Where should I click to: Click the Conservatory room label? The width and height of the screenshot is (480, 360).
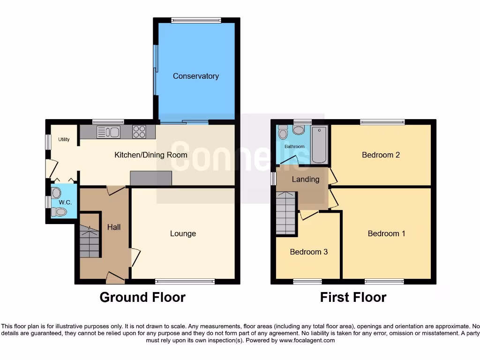click(x=196, y=76)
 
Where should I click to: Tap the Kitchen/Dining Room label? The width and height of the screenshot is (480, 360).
click(x=151, y=155)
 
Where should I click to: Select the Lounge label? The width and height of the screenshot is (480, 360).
click(x=183, y=233)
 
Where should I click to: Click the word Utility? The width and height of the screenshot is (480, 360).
click(x=64, y=139)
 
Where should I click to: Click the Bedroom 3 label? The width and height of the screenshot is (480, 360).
click(x=308, y=252)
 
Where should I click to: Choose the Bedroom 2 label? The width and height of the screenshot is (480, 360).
click(x=381, y=155)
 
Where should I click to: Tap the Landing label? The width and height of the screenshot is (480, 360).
click(x=306, y=179)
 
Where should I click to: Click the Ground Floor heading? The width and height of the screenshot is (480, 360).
click(x=142, y=297)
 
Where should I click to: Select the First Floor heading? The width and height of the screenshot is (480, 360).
click(x=353, y=297)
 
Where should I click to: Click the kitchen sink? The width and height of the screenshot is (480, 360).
click(x=109, y=132)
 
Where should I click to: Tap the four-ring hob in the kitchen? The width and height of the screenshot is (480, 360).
click(x=139, y=132)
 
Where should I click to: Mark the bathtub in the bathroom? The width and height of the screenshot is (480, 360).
click(x=320, y=144)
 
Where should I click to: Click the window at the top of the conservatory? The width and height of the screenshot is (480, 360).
click(x=196, y=20)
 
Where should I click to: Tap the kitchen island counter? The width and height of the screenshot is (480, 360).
click(x=151, y=178)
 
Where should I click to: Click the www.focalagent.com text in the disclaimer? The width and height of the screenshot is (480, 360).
click(x=307, y=340)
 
